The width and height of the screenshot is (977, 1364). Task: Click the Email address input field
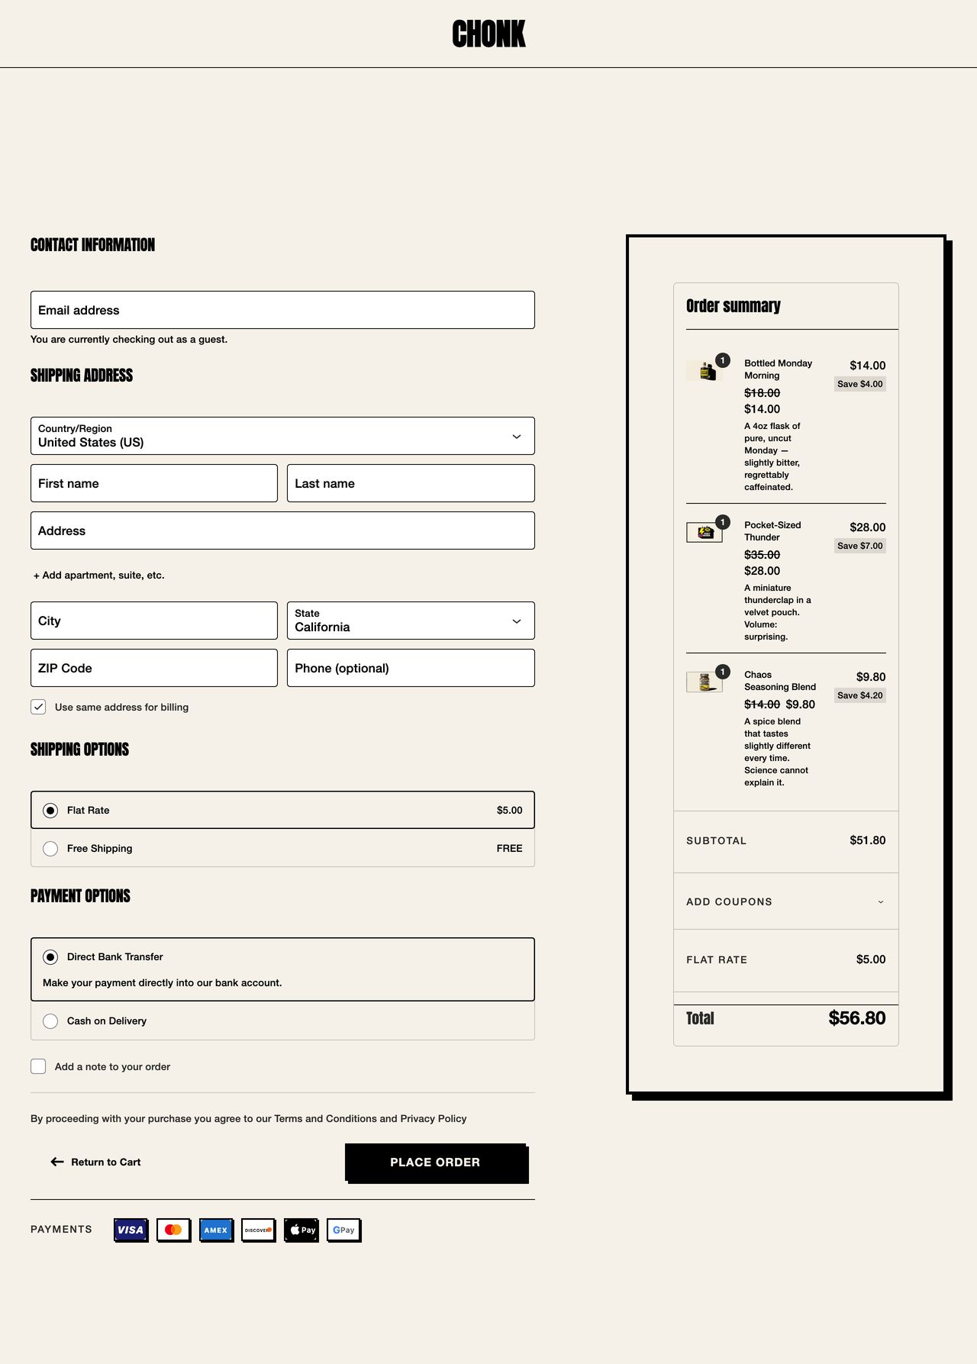tap(282, 310)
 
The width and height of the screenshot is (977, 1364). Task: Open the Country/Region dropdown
tap(282, 436)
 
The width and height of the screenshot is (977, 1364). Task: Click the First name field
tap(154, 483)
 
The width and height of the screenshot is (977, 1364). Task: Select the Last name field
tap(411, 483)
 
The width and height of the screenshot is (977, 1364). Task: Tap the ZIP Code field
tap(154, 668)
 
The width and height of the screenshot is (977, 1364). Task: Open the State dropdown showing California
tap(411, 621)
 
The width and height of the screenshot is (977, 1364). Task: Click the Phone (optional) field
tap(411, 668)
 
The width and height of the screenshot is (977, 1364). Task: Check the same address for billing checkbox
tap(38, 707)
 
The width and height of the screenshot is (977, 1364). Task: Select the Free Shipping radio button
tap(50, 849)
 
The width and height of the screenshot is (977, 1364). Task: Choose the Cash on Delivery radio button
tap(50, 1021)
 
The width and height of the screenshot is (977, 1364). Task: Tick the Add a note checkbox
tap(38, 1066)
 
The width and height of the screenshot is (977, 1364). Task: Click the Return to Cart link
tap(96, 1162)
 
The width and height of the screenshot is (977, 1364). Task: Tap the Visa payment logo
tap(131, 1230)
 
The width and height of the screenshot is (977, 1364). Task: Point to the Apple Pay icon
tap(301, 1230)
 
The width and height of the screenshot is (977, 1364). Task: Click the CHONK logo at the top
tap(488, 34)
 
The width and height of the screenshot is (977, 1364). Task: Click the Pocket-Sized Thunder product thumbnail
tap(705, 532)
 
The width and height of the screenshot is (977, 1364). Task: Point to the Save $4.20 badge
tap(859, 695)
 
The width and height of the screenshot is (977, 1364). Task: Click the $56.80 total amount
tap(856, 1018)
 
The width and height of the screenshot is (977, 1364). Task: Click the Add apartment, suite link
tap(99, 576)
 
